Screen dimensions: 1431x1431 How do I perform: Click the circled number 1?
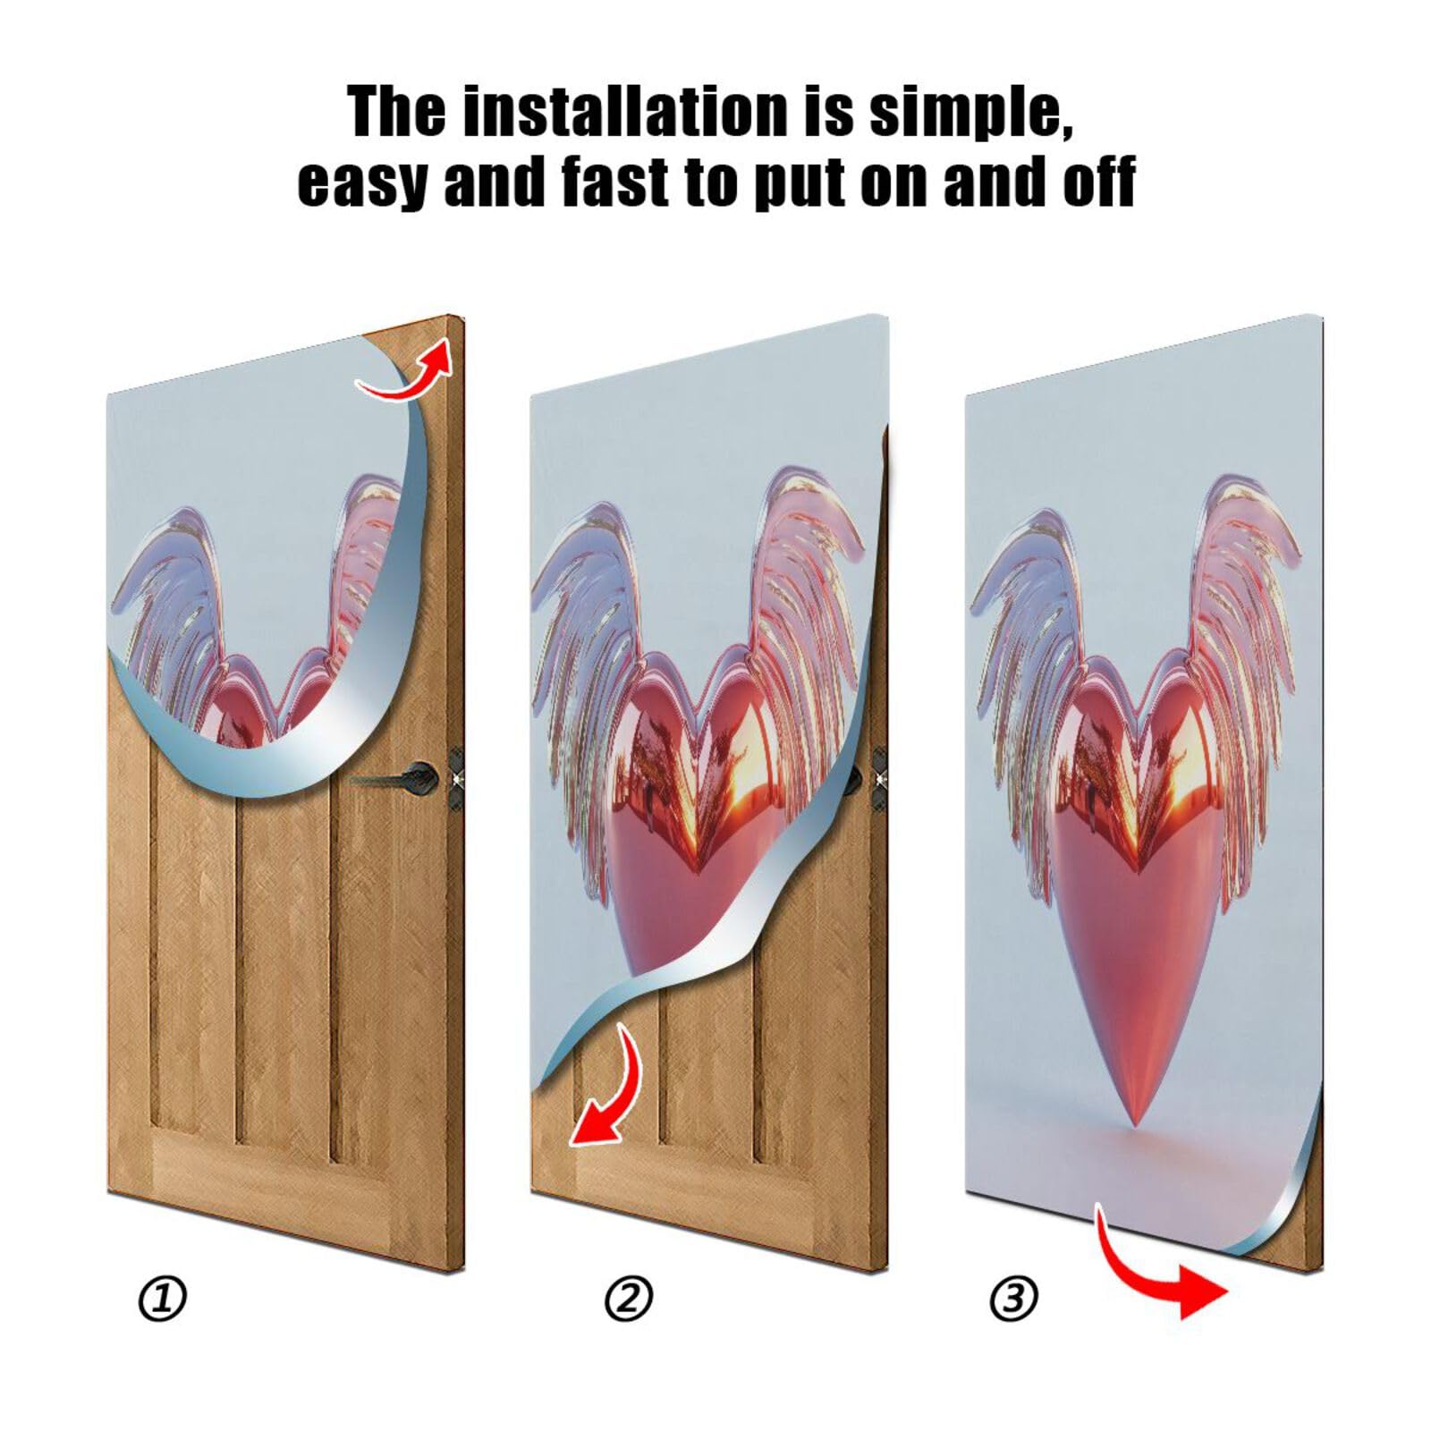[x=163, y=1299]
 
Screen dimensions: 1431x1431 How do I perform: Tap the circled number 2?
[x=629, y=1299]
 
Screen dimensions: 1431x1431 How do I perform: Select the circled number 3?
[x=1013, y=1299]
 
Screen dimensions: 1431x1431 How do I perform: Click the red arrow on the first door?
[x=407, y=372]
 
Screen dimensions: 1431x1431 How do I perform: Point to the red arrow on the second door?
[x=608, y=1091]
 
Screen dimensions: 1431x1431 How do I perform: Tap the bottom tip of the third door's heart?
[x=1135, y=1122]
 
